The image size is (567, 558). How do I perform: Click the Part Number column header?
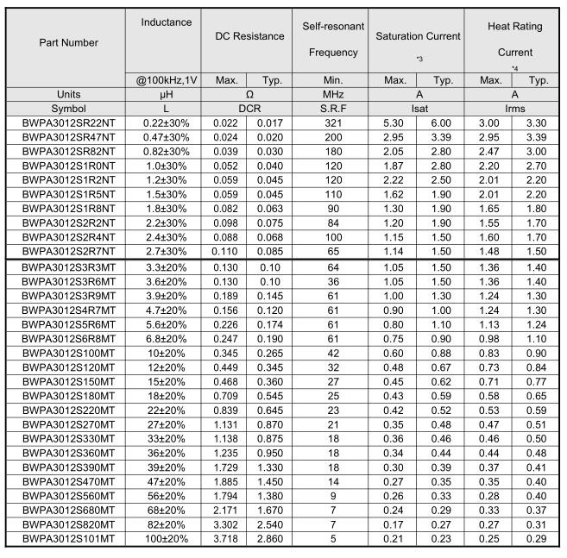pos(67,42)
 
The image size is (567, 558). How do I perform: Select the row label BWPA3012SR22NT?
pos(67,123)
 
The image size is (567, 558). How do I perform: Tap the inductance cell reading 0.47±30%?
pos(166,136)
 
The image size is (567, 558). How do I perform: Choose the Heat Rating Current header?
pos(514,39)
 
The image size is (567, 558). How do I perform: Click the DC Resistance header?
pos(249,36)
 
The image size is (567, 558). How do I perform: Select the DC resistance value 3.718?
pos(226,539)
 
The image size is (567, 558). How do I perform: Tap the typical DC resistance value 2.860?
pos(272,539)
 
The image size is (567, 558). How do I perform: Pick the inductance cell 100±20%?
pos(166,539)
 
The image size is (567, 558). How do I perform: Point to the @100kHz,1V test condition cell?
pos(166,80)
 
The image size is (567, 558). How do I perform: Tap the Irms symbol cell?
pos(514,109)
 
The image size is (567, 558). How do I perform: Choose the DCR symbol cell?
pos(249,109)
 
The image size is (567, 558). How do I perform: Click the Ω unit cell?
pos(249,94)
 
